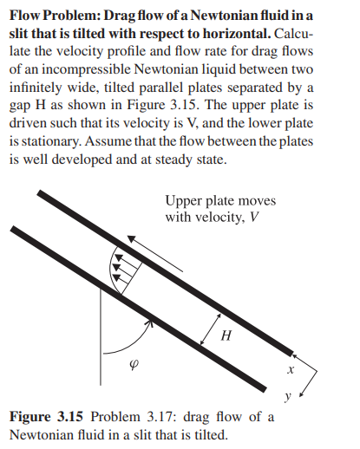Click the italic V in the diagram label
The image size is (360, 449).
pos(252,217)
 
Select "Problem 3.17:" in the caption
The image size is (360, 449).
pos(124,417)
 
